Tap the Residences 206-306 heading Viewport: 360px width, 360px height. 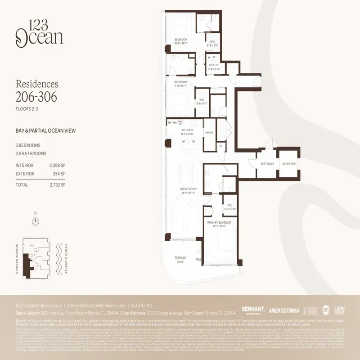tap(37, 90)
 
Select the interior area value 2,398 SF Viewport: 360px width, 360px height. tap(58, 165)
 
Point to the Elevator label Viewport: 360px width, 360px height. tap(288, 164)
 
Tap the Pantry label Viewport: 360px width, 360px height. tap(209, 133)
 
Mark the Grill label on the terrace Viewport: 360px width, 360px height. tap(198, 259)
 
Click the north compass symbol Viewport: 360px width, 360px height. tap(35, 220)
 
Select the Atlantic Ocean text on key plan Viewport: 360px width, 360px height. tap(66, 259)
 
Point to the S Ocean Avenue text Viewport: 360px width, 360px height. tap(18, 259)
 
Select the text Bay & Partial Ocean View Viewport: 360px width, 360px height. tap(45, 131)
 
